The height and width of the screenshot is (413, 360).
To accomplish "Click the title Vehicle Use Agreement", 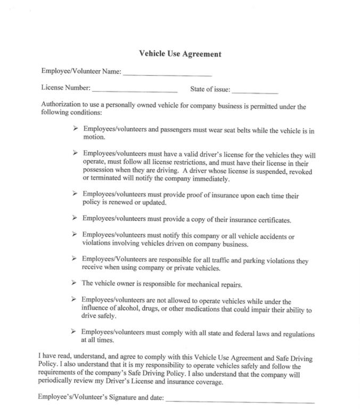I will pos(179,54).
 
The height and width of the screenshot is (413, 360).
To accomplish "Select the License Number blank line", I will pos(135,92).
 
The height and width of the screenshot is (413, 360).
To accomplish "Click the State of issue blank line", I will pos(255,93).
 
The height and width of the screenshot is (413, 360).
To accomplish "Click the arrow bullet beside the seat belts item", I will pos(76,129).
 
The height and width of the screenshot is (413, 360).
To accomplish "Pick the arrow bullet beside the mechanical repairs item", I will pos(75,283).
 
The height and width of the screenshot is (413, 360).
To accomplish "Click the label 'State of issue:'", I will pos(210,89).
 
